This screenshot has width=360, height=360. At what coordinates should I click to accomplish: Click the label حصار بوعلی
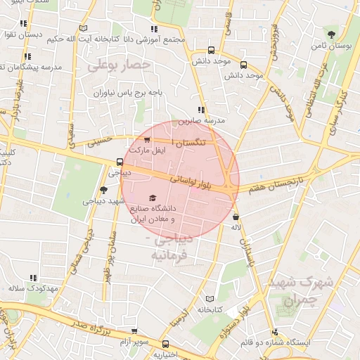[x=120, y=65]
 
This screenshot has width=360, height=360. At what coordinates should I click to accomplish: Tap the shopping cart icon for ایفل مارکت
[x=146, y=139]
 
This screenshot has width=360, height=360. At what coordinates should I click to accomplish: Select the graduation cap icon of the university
[x=153, y=198]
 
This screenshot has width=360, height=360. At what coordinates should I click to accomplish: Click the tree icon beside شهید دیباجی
[x=104, y=190]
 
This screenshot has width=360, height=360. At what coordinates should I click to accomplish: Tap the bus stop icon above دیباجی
[x=120, y=162]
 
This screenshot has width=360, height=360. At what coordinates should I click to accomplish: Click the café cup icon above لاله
[x=236, y=217]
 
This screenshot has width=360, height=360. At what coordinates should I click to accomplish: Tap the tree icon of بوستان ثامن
[x=330, y=32]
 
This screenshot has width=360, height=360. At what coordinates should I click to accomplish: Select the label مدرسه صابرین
[x=201, y=120]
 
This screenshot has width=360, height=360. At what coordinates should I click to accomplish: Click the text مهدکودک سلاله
[x=26, y=288]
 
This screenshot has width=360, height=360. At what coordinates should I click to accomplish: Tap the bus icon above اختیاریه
[x=166, y=344]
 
